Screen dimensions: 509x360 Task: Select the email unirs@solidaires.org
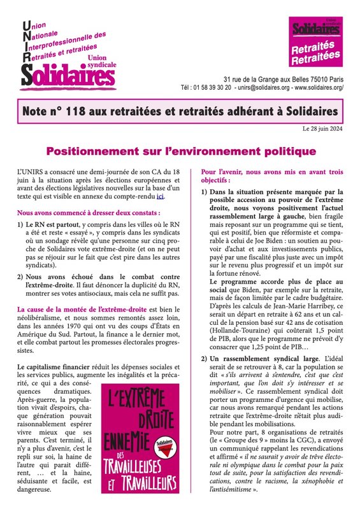tap(262, 87)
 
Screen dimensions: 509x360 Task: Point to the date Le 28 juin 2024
tap(328, 130)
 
